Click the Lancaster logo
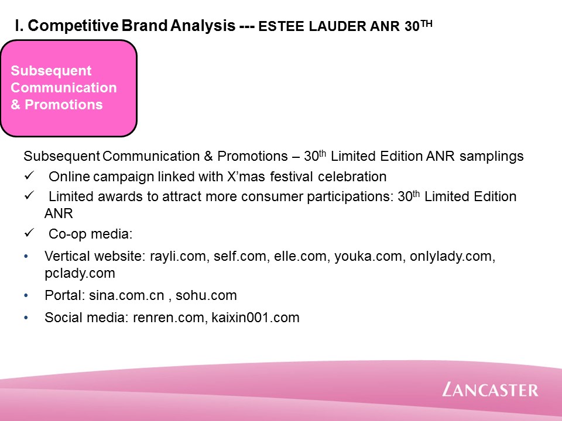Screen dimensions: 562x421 click(490, 389)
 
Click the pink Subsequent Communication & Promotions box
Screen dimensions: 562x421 click(68, 88)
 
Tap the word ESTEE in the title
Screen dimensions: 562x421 click(282, 26)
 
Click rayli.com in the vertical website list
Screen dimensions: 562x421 click(178, 256)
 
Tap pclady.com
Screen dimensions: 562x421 click(80, 273)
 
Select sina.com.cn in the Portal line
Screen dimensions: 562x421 click(126, 295)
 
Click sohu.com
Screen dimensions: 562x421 click(206, 295)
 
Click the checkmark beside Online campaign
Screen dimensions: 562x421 click(29, 175)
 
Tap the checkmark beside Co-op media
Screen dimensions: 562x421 click(29, 233)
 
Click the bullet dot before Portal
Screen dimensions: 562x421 click(26, 295)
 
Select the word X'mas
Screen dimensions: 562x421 click(246, 177)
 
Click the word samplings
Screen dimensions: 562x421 click(491, 157)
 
